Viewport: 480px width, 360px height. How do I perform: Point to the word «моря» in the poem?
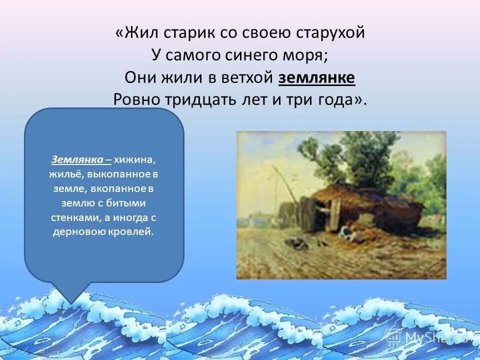pyautogui.click(x=308, y=55)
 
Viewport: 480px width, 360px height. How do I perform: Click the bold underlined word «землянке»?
pyautogui.click(x=316, y=77)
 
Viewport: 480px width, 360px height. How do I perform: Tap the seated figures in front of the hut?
pyautogui.click(x=347, y=231)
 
